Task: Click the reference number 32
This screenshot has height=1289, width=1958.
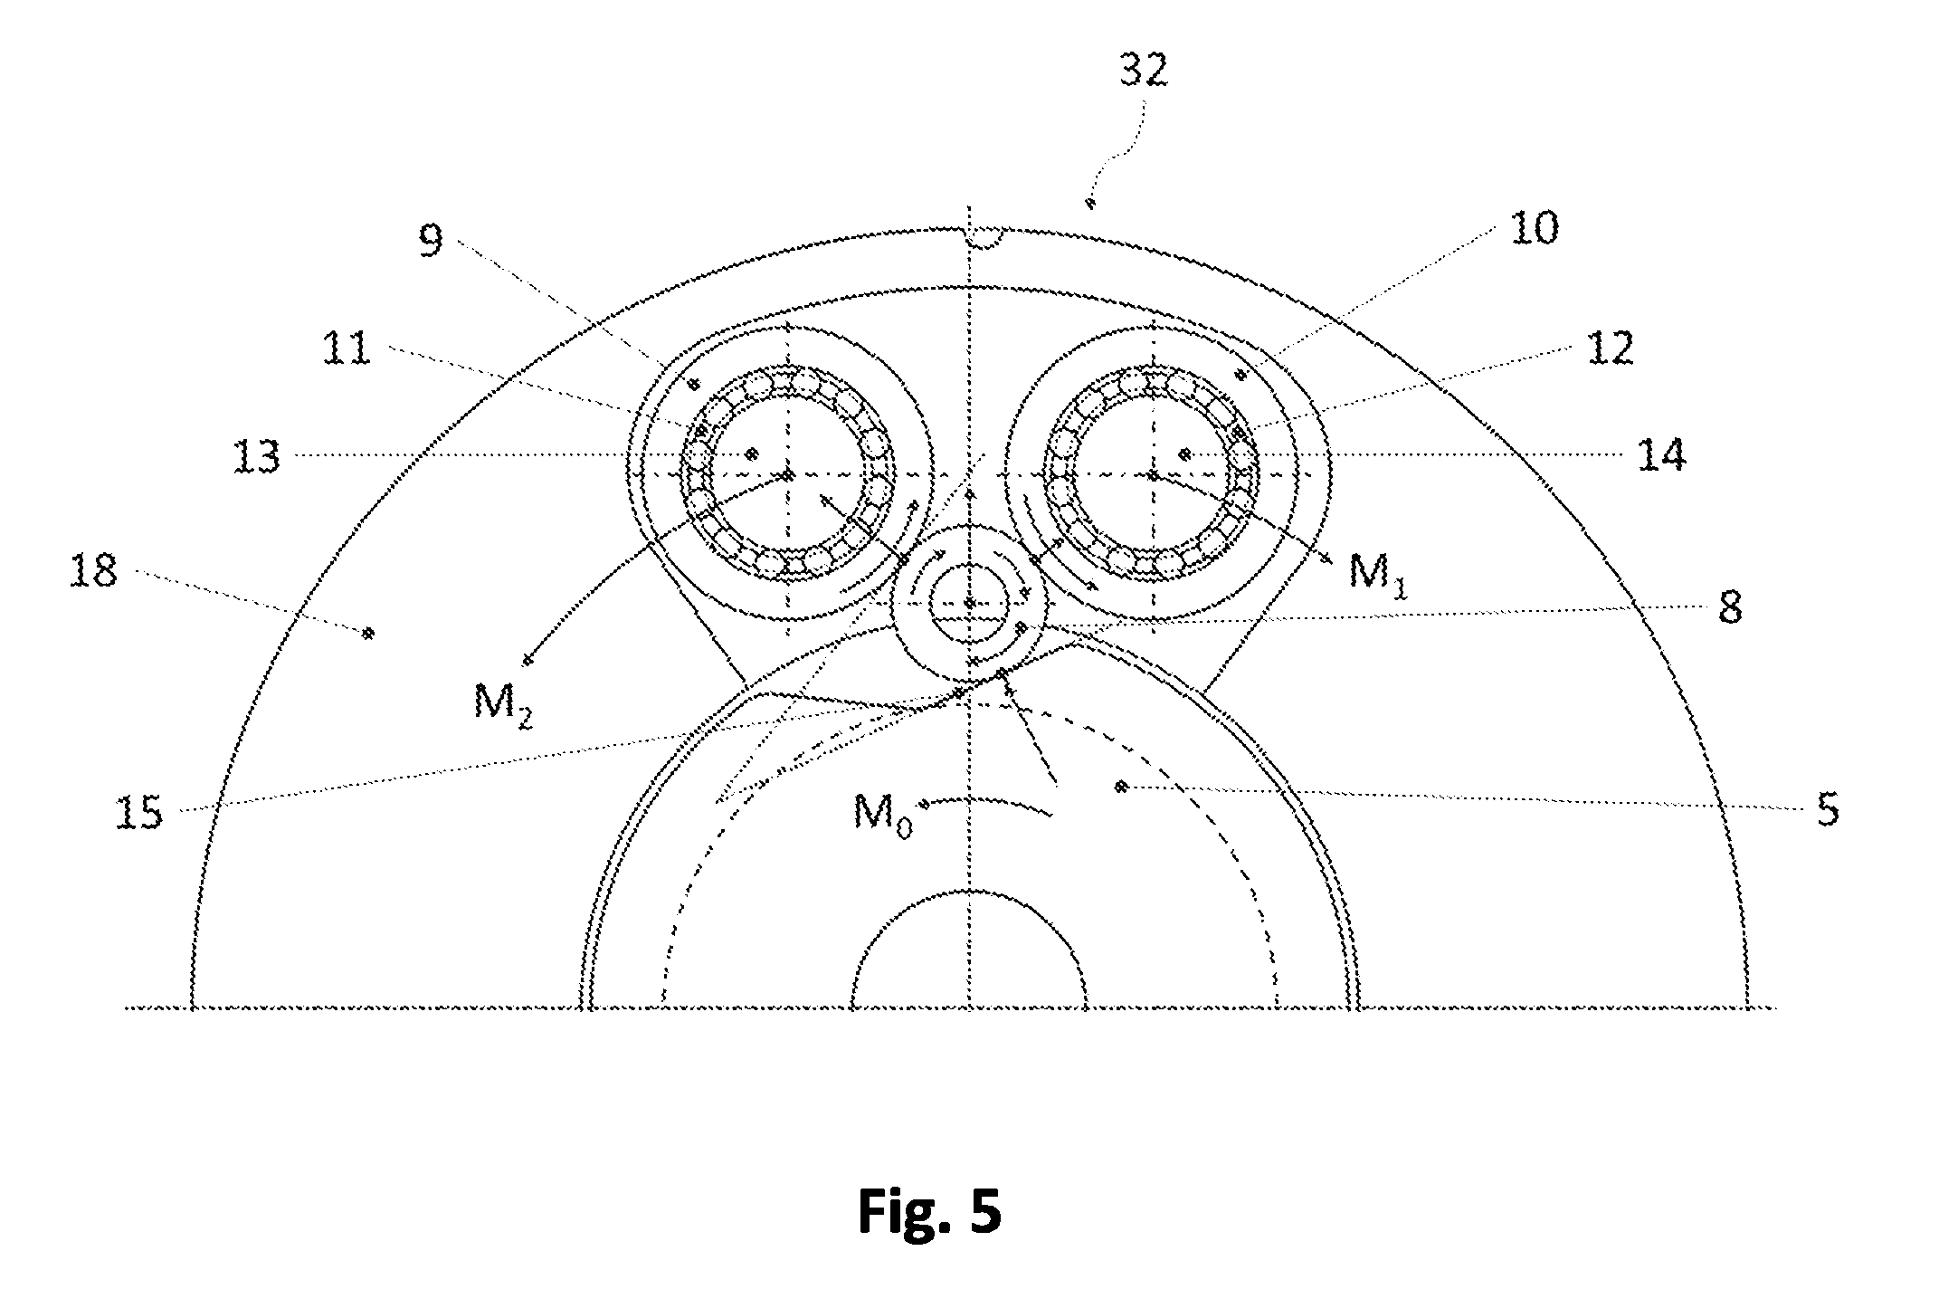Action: [x=1143, y=72]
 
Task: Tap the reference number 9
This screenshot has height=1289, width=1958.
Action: [x=432, y=241]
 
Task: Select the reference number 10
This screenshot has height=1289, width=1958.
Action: [x=1534, y=228]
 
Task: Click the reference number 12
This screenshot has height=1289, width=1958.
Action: [x=1610, y=348]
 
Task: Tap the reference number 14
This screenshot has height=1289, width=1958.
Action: [x=1661, y=455]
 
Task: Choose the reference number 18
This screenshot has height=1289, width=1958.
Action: [x=93, y=571]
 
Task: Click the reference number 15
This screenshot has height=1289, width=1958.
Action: [x=139, y=812]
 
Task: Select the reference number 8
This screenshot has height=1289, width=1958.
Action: [x=1730, y=608]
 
